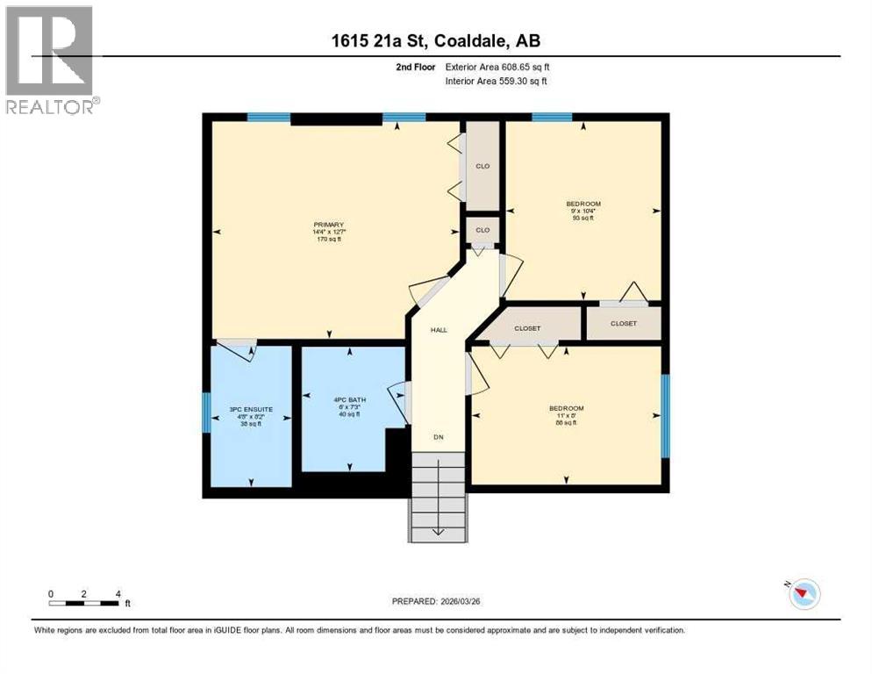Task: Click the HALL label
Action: pos(439,330)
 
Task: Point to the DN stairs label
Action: pos(439,436)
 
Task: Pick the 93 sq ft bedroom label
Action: pos(583,211)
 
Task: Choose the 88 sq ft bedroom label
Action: pos(566,415)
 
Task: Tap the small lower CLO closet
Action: pos(482,230)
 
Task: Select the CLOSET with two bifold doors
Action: pos(527,328)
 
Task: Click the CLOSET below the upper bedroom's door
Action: pos(624,323)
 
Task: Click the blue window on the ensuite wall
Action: pos(206,412)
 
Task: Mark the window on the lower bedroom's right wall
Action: pos(665,416)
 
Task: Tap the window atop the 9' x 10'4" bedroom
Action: pos(552,117)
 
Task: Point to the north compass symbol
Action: pos(802,594)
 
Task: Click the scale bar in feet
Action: pos(85,602)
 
